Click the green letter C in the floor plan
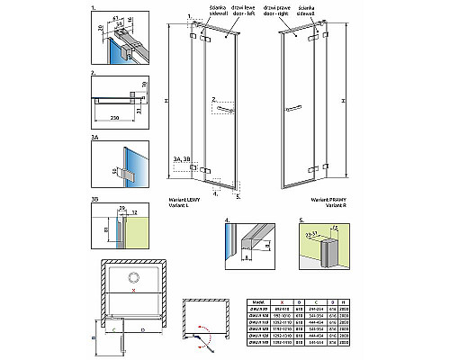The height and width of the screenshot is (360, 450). pyautogui.click(x=116, y=331)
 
